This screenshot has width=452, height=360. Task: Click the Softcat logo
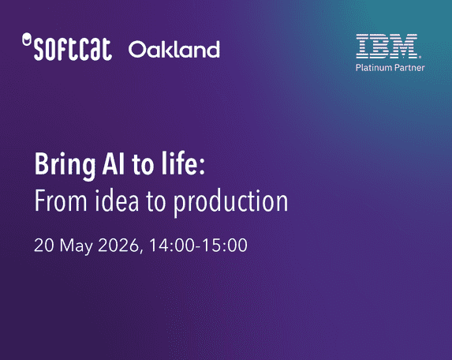point(67,47)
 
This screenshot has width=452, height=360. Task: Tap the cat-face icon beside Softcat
point(27,39)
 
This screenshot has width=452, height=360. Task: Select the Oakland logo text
point(174,49)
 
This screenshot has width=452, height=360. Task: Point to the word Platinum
point(374,68)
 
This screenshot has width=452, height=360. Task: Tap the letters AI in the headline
point(114,163)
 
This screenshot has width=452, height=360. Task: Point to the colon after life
point(202,167)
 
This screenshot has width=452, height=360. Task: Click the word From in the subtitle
point(61,201)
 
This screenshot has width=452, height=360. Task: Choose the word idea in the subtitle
point(117,201)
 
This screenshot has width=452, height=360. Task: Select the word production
point(230,203)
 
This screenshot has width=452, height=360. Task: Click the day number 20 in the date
point(44,246)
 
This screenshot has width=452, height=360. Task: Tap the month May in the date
point(76,247)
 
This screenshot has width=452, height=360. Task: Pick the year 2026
point(119,246)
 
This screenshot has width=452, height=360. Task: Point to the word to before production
point(156,201)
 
